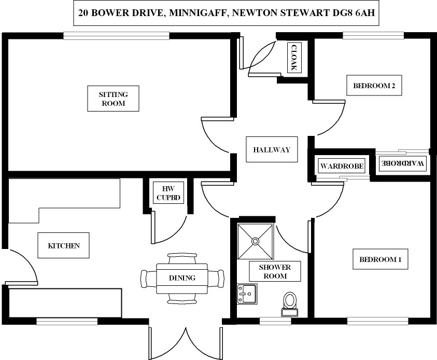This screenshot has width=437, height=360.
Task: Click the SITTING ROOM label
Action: pos(112,99)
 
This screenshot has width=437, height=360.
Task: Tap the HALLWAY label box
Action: pos(272,150)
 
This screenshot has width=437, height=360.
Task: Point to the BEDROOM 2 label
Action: pos(374,86)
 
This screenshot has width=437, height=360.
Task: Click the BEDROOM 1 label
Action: pos(380,259)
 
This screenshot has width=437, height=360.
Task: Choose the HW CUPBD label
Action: pos(167,192)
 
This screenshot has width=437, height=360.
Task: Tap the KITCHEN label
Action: pos(64,245)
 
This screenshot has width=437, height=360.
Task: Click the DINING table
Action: pos(182,278)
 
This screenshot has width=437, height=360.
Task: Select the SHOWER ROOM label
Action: pos(275,271)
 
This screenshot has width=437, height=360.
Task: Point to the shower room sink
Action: pos(247,294)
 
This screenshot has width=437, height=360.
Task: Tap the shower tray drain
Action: pos(255,241)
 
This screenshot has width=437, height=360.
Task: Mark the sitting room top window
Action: pos(117,36)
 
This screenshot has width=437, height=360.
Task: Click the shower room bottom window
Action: pos(275,320)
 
